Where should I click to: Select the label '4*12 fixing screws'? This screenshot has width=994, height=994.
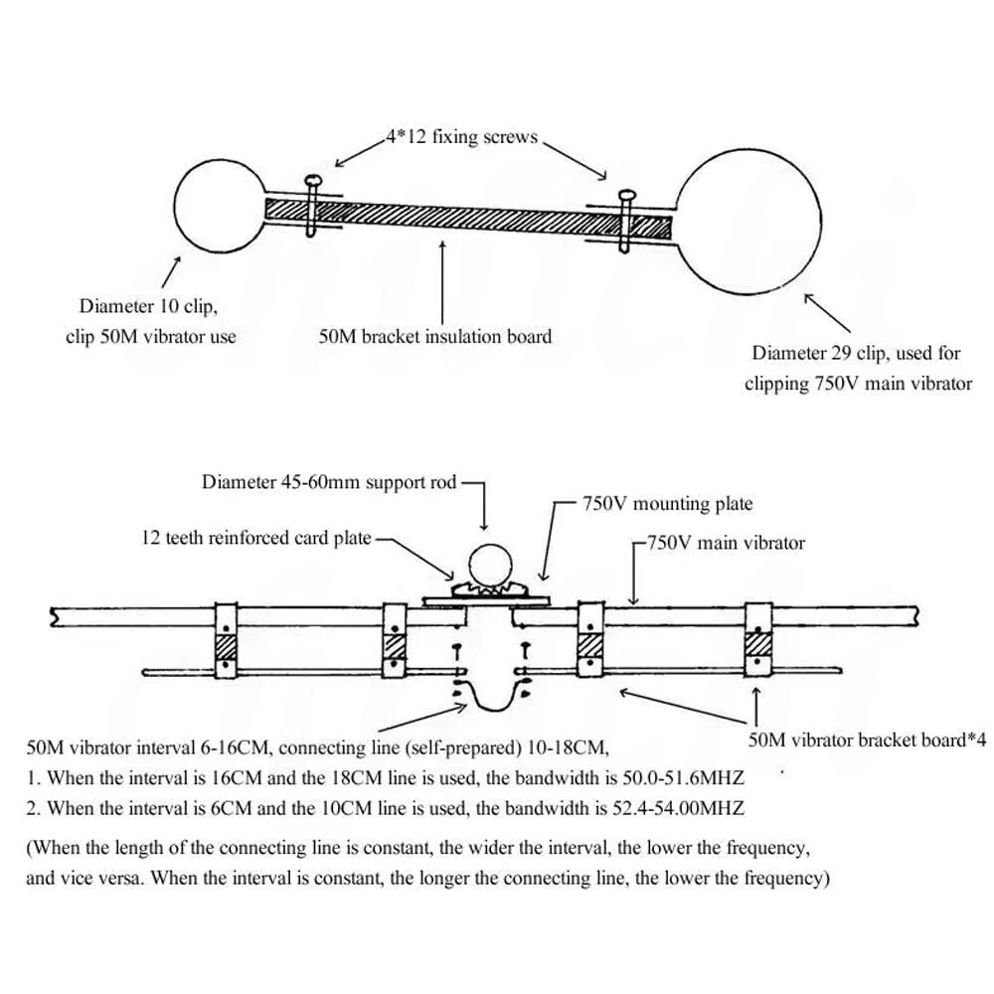coord(463,136)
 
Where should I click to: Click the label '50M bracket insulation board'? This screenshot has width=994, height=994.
coord(434,336)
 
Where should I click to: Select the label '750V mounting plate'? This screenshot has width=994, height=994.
coord(667,504)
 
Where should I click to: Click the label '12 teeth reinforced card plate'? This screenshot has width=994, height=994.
coord(255,538)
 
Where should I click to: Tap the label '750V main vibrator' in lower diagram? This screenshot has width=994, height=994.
coord(726,543)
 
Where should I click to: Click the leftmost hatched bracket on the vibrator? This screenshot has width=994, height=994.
coord(228,648)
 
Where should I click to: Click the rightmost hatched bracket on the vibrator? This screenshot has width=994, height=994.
coord(760,648)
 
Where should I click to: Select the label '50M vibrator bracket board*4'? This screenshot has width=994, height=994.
coord(866,741)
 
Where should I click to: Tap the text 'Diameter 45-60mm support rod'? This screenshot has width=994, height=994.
coord(329,483)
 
